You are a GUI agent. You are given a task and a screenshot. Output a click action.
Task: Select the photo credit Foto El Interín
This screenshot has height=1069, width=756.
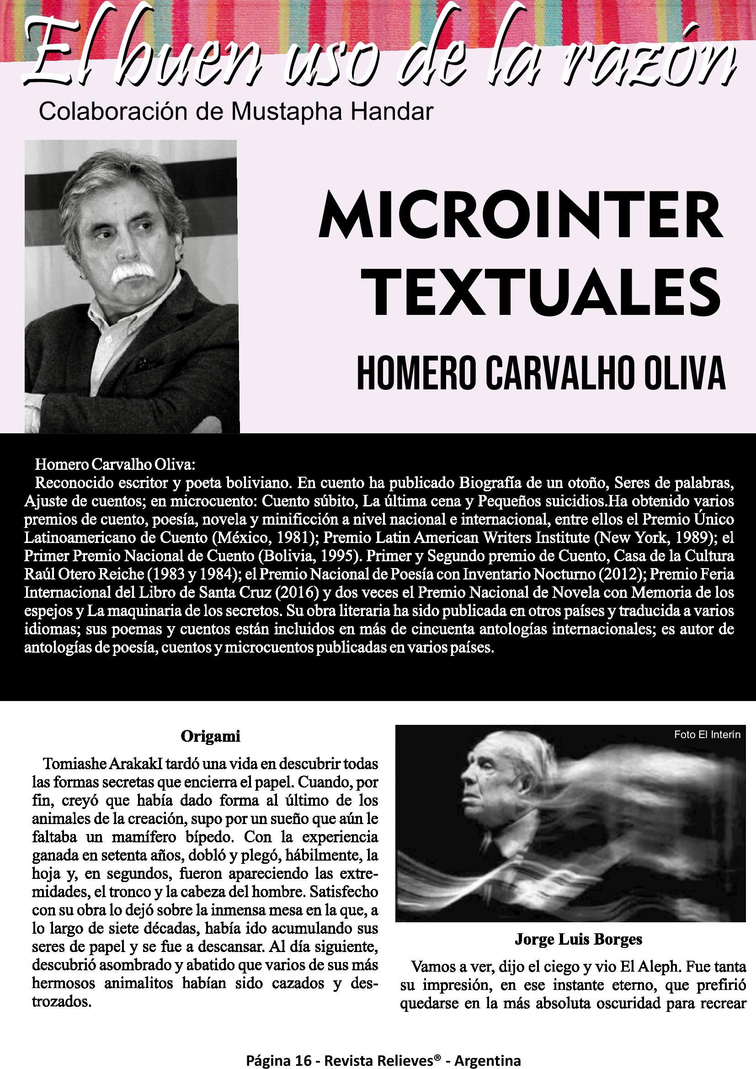707,735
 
